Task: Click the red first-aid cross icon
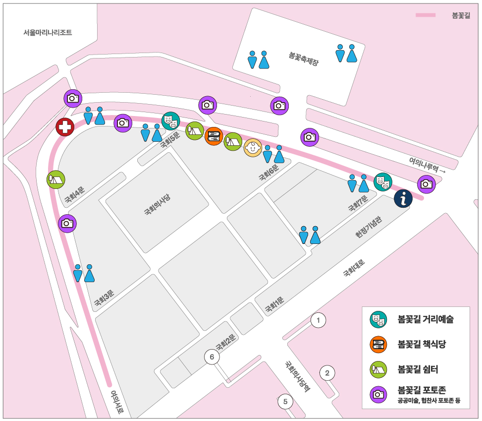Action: click(65, 127)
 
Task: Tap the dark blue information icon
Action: click(403, 199)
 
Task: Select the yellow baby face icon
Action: click(253, 148)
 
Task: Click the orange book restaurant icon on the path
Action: click(214, 136)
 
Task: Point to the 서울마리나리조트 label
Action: click(48, 33)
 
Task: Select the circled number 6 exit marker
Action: click(212, 357)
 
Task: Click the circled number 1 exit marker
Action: click(319, 320)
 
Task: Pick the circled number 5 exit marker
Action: click(285, 402)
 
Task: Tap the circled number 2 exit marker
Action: click(327, 372)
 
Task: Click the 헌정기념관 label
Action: click(369, 227)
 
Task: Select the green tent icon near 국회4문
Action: click(55, 179)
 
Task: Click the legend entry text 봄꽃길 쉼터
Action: click(418, 369)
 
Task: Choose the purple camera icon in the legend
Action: click(378, 394)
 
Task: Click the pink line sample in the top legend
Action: click(425, 15)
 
